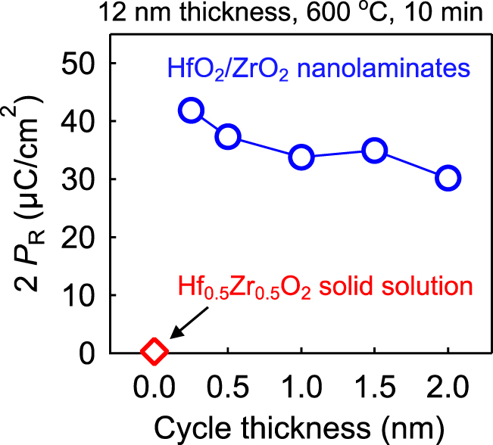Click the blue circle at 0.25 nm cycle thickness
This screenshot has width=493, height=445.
tap(191, 110)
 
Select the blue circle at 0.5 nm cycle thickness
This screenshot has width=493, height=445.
tap(228, 137)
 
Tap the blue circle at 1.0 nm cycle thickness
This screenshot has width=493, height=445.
tap(301, 157)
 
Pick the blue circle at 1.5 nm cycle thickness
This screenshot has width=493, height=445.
tap(374, 151)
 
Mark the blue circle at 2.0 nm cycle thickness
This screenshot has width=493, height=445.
tap(448, 179)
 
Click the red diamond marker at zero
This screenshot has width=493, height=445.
tap(154, 351)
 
